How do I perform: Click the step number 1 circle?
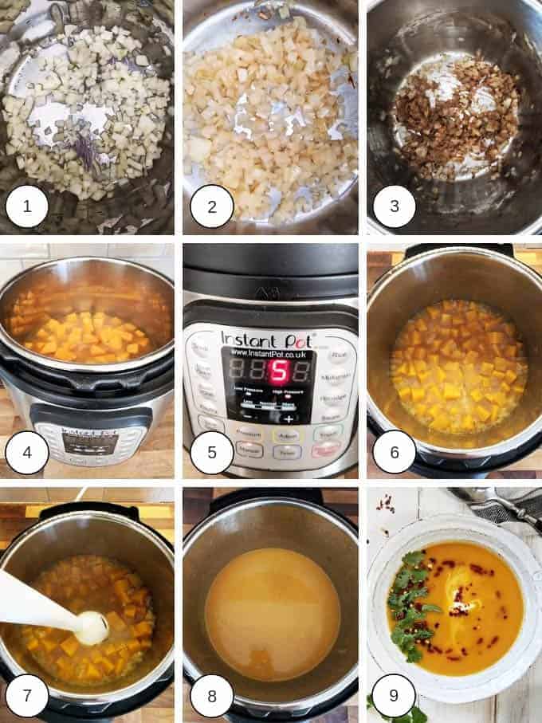click(26, 207)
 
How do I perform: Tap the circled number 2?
click(211, 207)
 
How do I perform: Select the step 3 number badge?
click(393, 207)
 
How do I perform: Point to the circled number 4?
click(26, 452)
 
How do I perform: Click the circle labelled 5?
click(211, 452)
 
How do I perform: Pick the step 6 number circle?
click(393, 452)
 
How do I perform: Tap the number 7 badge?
click(26, 695)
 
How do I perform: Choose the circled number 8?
click(211, 695)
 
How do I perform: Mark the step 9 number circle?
click(393, 695)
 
